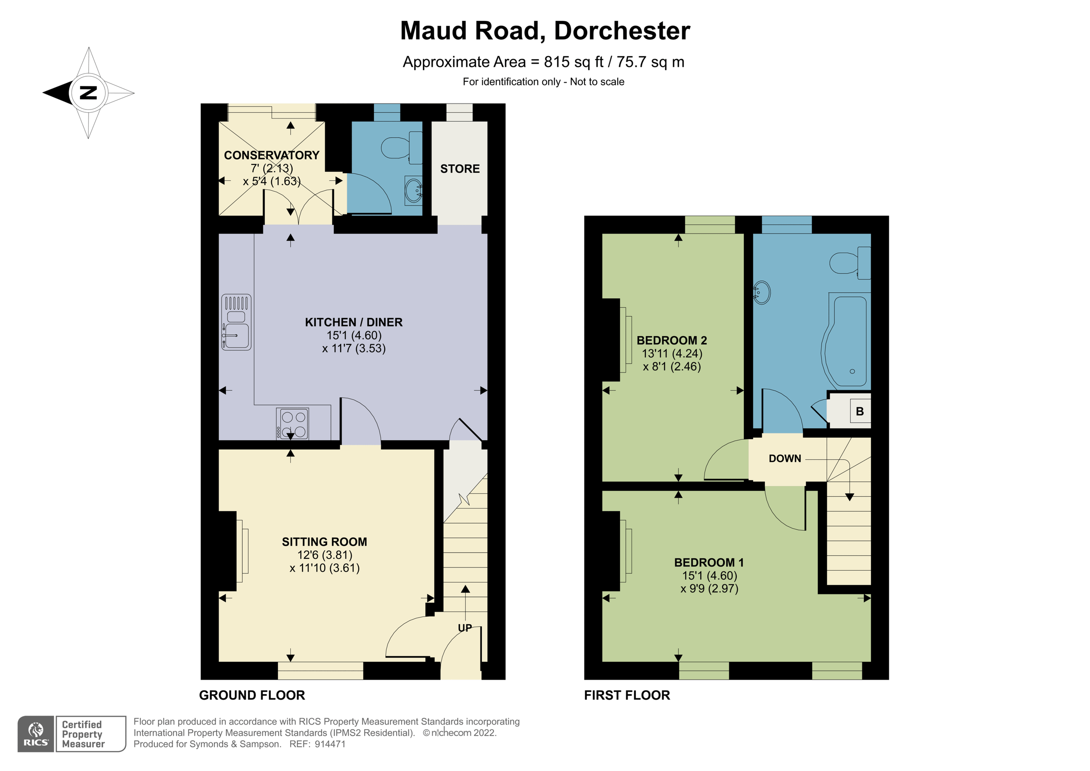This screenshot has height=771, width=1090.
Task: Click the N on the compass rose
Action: (x=88, y=92)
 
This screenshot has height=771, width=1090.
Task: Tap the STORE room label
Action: (x=460, y=169)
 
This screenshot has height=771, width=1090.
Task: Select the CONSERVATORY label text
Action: (x=271, y=155)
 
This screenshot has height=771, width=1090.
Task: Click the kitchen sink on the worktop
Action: (x=236, y=323)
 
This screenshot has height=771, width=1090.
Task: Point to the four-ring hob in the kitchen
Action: (x=293, y=424)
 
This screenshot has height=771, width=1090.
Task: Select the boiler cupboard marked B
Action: (x=859, y=411)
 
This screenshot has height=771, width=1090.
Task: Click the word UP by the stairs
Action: (x=465, y=628)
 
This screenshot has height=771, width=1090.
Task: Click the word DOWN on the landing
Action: (x=785, y=458)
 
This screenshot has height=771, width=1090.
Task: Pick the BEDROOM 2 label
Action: (x=671, y=340)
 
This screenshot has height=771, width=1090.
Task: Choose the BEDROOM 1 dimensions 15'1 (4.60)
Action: (x=709, y=575)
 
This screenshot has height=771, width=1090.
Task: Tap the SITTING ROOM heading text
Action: (x=324, y=542)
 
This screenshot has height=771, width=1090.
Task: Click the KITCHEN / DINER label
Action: (x=353, y=322)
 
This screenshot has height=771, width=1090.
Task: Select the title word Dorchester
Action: (x=622, y=31)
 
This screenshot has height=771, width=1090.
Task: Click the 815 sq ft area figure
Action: (x=574, y=62)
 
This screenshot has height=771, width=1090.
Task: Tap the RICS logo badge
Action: (x=36, y=734)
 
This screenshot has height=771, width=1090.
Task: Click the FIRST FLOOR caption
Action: (x=627, y=695)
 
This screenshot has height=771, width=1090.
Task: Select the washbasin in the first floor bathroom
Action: (x=762, y=293)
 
